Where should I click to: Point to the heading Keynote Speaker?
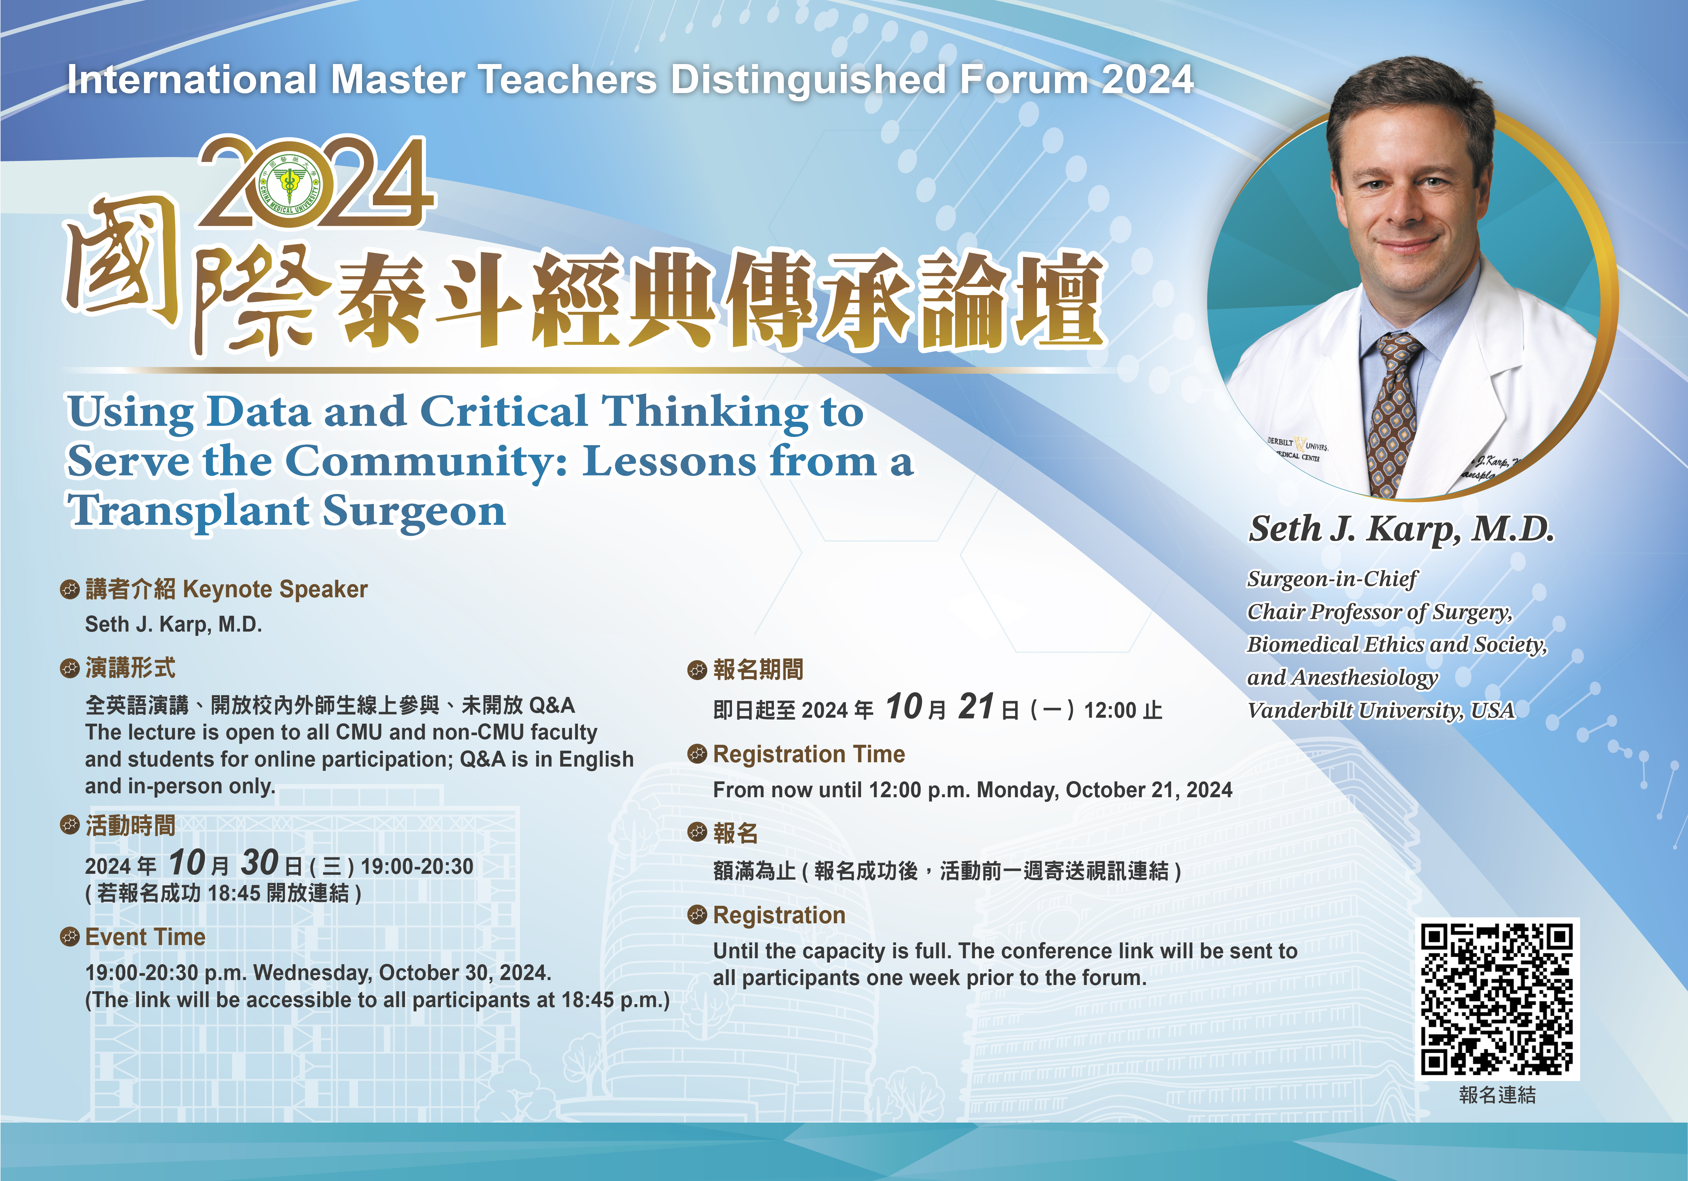[275, 589]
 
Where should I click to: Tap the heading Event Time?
[146, 937]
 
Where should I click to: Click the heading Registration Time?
[809, 754]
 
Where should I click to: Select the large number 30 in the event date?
[259, 863]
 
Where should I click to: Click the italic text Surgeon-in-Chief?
[1332, 579]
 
